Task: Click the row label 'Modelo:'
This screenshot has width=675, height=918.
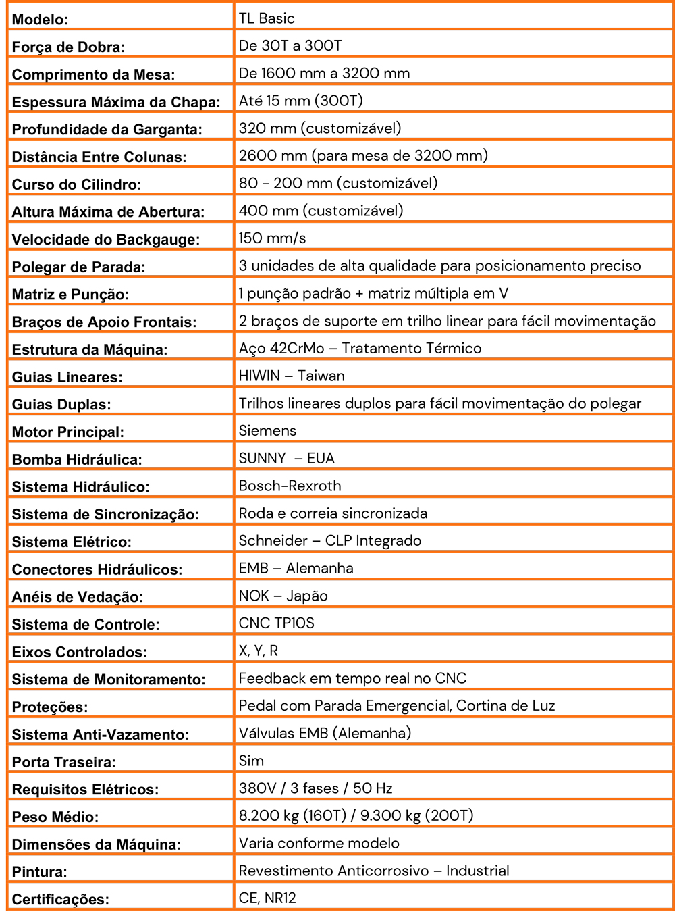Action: tap(40, 20)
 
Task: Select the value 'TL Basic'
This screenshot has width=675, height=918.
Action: tap(267, 18)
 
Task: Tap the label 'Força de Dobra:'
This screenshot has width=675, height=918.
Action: tap(68, 47)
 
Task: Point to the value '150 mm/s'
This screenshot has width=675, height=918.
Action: tap(272, 238)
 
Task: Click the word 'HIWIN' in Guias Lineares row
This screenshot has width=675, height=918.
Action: tap(259, 376)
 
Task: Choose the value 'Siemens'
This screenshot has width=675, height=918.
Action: tap(267, 430)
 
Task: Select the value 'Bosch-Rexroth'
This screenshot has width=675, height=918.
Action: tap(290, 486)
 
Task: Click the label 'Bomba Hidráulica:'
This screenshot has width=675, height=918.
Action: tap(77, 460)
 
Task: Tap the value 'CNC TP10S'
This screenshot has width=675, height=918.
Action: tap(276, 623)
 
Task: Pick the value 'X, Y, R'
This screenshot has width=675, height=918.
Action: tap(258, 651)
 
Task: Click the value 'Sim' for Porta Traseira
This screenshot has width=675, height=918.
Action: tap(251, 761)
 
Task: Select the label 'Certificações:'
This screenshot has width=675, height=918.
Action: tap(60, 900)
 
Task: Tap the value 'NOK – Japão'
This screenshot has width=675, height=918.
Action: tap(283, 596)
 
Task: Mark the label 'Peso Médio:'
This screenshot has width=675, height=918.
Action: tap(55, 817)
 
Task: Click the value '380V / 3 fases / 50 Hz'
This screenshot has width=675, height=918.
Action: tap(315, 788)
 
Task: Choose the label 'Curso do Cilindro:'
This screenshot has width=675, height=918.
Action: tap(76, 185)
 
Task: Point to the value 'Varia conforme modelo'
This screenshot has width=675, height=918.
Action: tap(319, 843)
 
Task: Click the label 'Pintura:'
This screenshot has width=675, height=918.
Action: tap(39, 872)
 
